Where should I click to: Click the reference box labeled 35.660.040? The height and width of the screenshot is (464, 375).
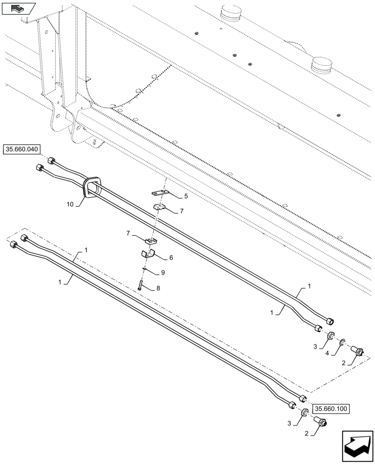[x=22, y=149]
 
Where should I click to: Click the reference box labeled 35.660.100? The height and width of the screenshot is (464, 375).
[x=331, y=409]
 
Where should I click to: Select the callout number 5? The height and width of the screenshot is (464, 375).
[x=186, y=196]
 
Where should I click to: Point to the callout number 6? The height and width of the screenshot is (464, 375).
[x=171, y=257]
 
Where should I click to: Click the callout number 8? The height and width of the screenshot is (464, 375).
[x=158, y=288]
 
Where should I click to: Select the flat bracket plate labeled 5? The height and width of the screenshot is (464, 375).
[x=159, y=193]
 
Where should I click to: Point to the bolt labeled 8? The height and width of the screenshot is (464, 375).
[x=140, y=283]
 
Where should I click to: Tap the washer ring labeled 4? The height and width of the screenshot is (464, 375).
[x=342, y=343]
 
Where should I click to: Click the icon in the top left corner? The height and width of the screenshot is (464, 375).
[x=18, y=8]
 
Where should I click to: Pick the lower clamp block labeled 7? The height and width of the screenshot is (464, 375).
[x=150, y=240]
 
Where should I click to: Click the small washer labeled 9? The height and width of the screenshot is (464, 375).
[x=145, y=269]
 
